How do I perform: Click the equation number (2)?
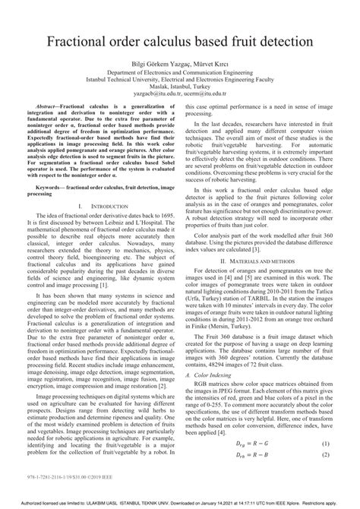click(x=324, y=476)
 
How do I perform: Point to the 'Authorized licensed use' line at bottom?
click(x=179, y=504)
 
